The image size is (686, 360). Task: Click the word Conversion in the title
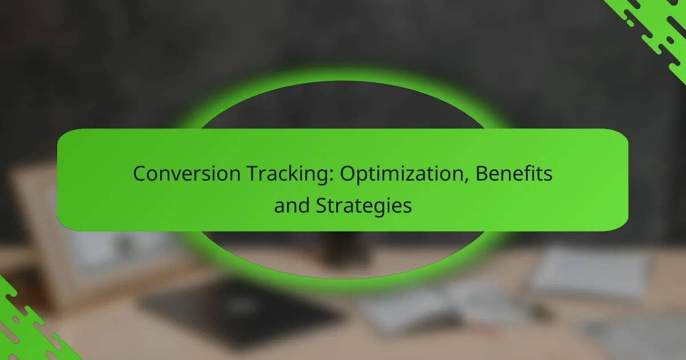pyautogui.click(x=187, y=174)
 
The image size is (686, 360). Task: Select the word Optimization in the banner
pyautogui.click(x=402, y=174)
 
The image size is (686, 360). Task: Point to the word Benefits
pyautogui.click(x=514, y=173)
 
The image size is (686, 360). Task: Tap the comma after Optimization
pyautogui.click(x=466, y=181)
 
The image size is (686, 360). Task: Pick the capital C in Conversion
pyautogui.click(x=139, y=174)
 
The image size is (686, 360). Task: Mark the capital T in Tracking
pyautogui.click(x=255, y=174)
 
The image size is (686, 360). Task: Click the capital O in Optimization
pyautogui.click(x=349, y=174)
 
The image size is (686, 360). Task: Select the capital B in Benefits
pyautogui.click(x=482, y=174)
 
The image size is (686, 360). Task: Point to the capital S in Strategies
pyautogui.click(x=322, y=206)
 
